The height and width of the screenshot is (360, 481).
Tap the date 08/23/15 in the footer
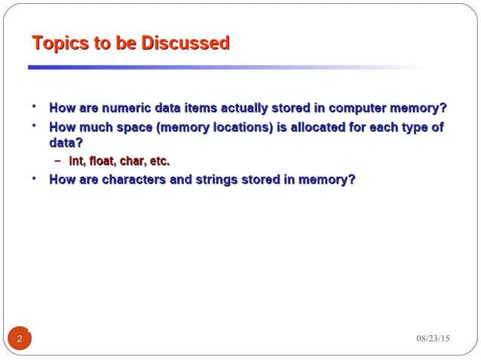coord(433,338)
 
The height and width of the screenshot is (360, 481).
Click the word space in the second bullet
coord(136,127)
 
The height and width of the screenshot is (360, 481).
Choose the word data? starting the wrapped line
coord(66,142)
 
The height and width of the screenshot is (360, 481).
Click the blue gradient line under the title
coord(188,67)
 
